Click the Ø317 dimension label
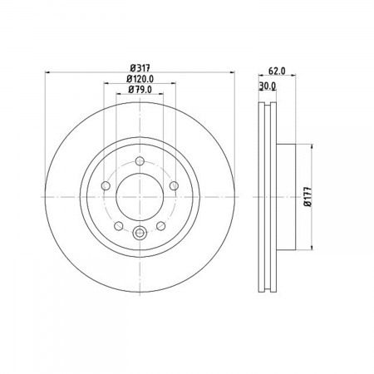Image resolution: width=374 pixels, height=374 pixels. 140,68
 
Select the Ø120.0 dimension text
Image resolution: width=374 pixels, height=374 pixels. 140,79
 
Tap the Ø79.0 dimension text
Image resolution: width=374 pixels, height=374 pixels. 140,90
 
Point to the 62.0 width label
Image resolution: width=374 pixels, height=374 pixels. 277,71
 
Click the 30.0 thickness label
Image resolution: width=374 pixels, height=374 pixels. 268,86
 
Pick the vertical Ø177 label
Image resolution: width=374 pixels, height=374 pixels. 308,197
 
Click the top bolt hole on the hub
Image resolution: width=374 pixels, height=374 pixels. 140,160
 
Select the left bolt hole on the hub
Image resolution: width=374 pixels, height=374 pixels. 106,185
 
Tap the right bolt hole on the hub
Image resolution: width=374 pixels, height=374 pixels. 174,185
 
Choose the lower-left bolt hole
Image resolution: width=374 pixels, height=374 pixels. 119,226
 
